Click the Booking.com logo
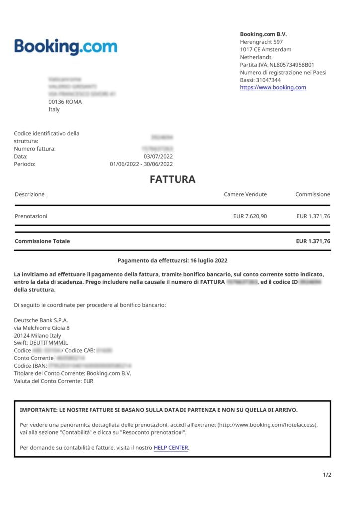click(x=66, y=47)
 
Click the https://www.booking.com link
click(x=273, y=87)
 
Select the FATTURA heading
click(x=173, y=179)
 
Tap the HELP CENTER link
click(x=171, y=448)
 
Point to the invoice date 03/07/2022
click(x=158, y=156)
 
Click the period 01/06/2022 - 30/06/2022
click(x=141, y=164)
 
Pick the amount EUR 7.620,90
click(x=250, y=216)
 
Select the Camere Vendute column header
click(x=245, y=194)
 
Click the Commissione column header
click(x=312, y=194)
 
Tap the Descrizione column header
click(x=30, y=194)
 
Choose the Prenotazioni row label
click(x=31, y=216)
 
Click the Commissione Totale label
click(x=42, y=241)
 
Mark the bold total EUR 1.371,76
click(x=313, y=241)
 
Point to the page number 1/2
click(x=327, y=475)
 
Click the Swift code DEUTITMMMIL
click(x=48, y=343)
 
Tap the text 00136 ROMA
click(x=65, y=102)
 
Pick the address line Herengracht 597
click(x=261, y=42)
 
